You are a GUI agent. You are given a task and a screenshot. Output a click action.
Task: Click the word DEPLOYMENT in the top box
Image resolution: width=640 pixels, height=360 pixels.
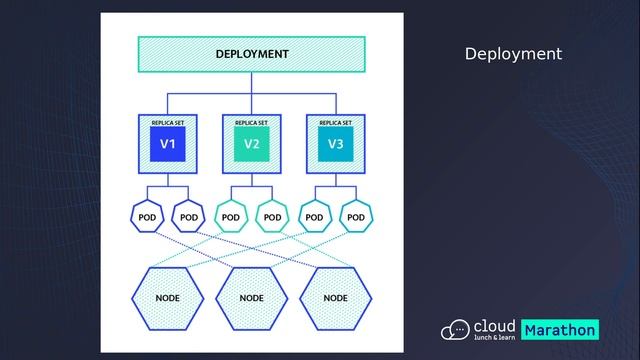252,54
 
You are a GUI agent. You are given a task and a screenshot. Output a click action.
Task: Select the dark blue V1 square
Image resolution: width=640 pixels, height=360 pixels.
168,145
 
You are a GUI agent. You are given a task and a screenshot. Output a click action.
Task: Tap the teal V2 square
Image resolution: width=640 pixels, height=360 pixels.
252,145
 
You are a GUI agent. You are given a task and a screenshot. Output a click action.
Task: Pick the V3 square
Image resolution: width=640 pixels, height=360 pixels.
335,145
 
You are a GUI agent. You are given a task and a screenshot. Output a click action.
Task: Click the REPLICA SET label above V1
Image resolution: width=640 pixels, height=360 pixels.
168,122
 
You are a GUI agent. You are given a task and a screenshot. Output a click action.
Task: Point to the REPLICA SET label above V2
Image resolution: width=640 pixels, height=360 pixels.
252,122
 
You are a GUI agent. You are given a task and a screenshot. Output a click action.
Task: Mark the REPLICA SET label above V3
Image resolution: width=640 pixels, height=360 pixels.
335,122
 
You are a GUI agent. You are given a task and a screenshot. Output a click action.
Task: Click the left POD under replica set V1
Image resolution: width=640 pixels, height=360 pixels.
147,216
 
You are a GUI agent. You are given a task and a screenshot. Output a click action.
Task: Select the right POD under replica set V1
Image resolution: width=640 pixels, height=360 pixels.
189,216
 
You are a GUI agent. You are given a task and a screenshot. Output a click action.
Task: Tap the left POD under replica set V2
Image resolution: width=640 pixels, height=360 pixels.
231,216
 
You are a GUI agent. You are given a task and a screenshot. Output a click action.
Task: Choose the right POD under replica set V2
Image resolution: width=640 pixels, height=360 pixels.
273,216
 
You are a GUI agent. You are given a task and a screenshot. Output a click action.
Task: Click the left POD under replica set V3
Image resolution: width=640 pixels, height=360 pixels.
314,216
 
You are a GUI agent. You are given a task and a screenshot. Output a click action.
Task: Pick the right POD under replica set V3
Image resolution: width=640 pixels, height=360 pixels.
356,216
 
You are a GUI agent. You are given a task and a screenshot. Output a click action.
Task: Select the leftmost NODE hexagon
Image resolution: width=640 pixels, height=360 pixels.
168,298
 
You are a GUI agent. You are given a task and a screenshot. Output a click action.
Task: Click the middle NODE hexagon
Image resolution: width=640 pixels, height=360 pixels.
252,298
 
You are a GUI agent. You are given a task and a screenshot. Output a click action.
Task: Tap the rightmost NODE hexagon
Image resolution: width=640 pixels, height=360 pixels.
335,298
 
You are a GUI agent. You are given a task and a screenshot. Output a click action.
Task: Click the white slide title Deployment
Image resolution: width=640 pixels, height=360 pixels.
513,54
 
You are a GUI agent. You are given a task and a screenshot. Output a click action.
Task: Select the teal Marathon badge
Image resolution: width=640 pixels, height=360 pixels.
560,330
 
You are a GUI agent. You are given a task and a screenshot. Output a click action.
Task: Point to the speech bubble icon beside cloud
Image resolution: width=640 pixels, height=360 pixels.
457,329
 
